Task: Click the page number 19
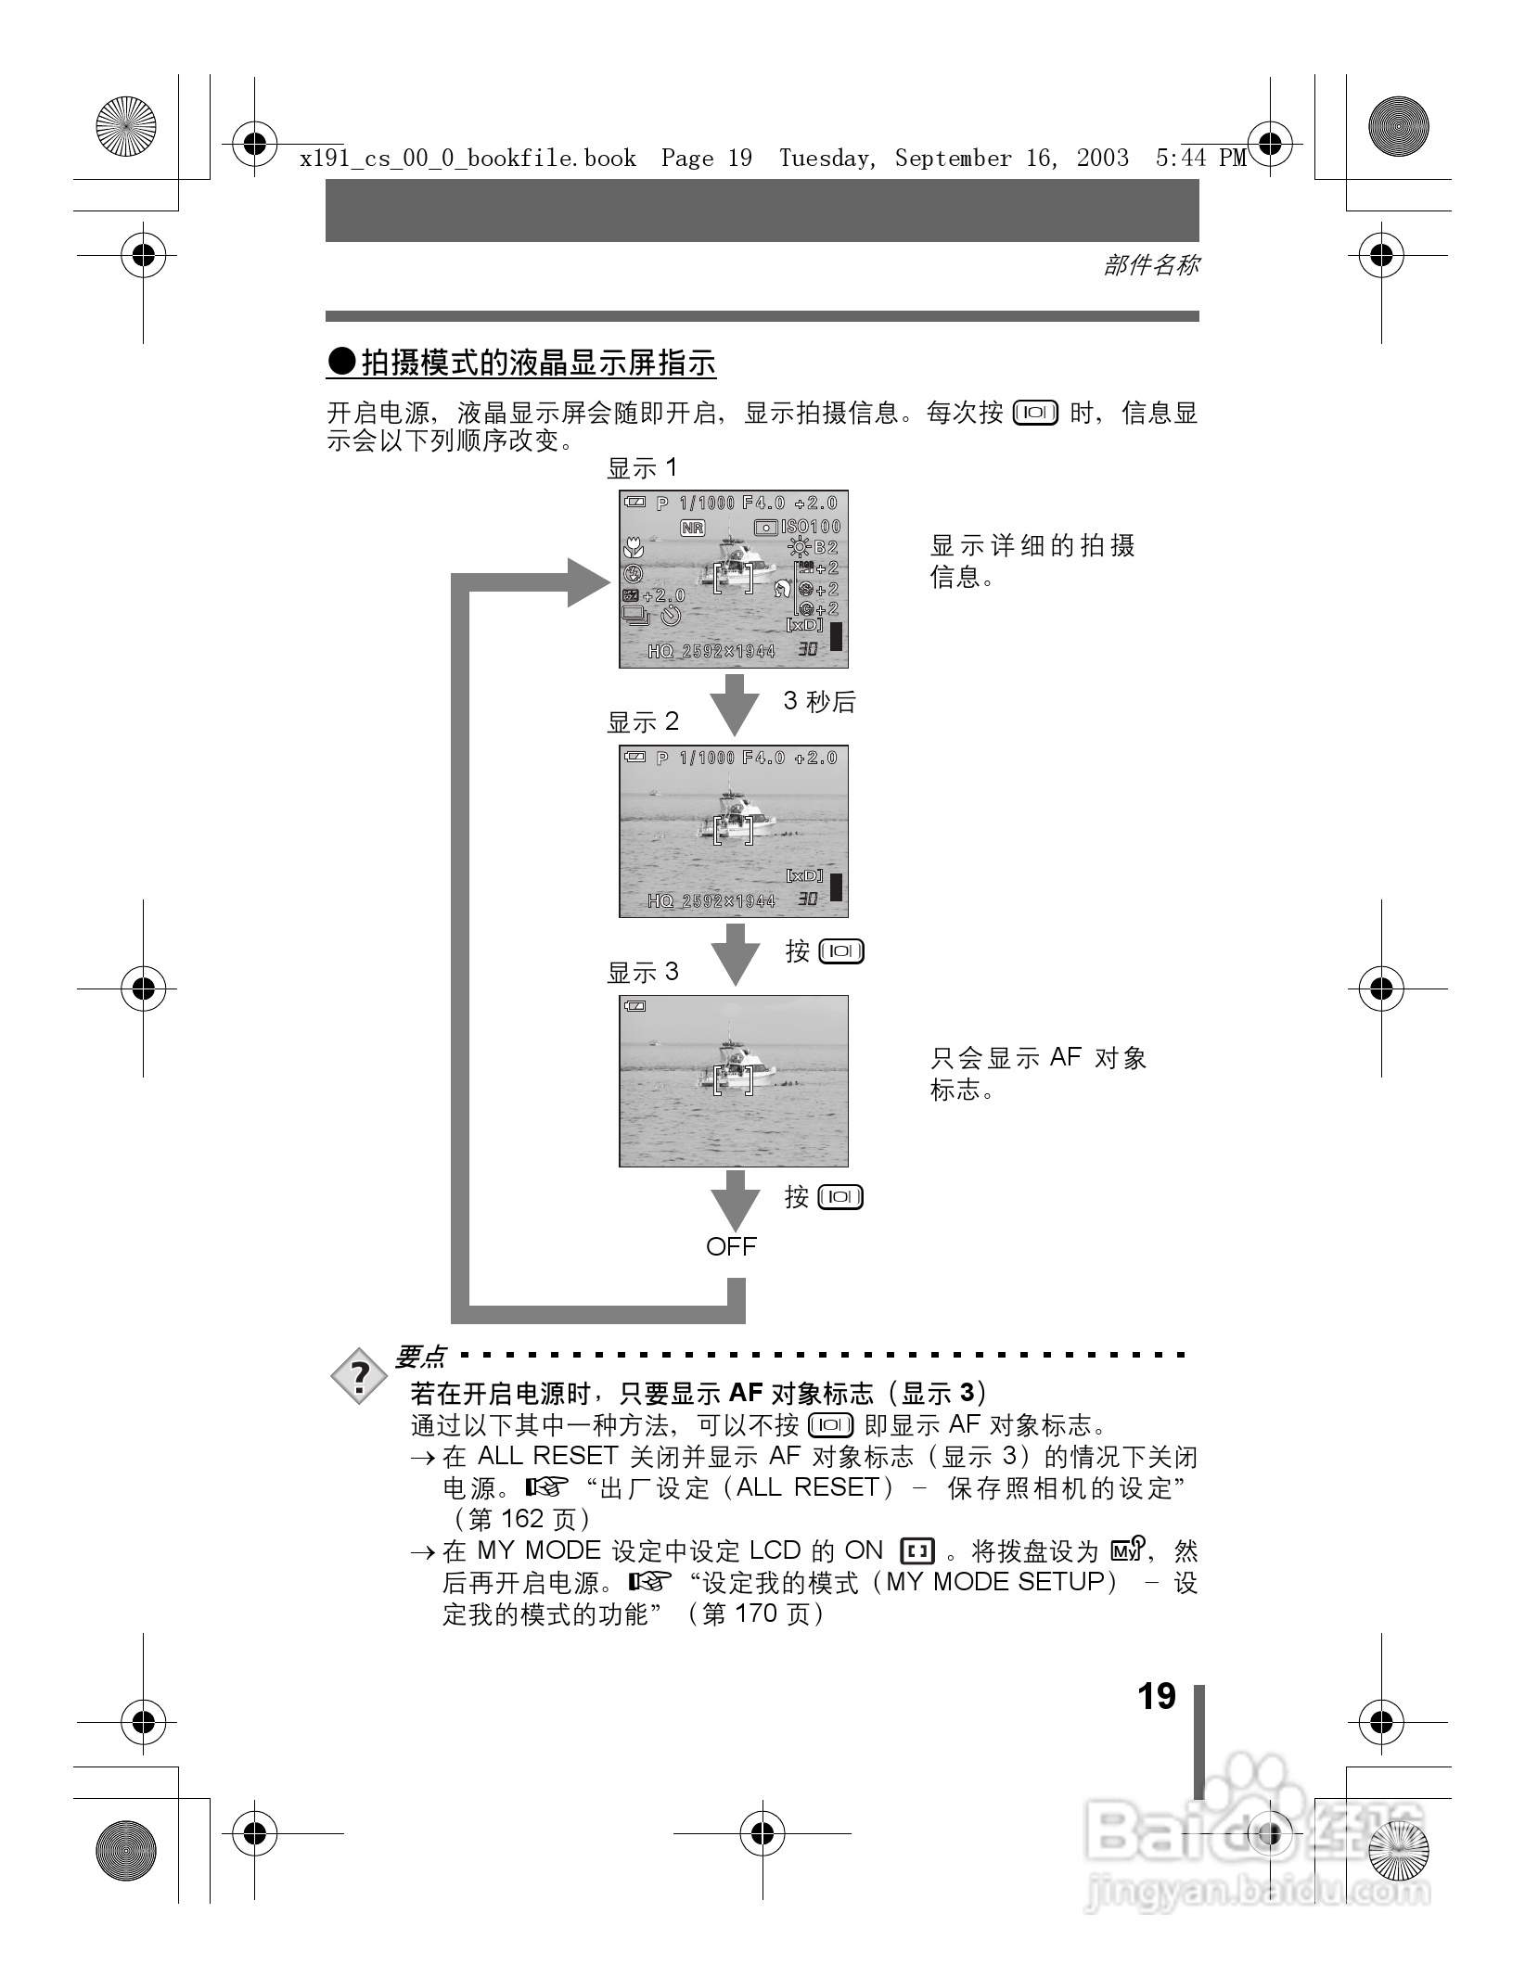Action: pyautogui.click(x=1156, y=1696)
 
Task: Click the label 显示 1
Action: pyautogui.click(x=642, y=468)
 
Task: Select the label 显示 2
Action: pyautogui.click(x=642, y=721)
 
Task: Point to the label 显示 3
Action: pyautogui.click(x=642, y=972)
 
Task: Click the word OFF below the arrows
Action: pyautogui.click(x=731, y=1246)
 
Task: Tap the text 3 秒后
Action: pyautogui.click(x=819, y=701)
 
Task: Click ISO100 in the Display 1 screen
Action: pyautogui.click(x=810, y=527)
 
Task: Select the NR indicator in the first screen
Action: pyautogui.click(x=692, y=528)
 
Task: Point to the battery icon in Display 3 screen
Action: pyautogui.click(x=635, y=1006)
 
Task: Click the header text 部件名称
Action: pyautogui.click(x=1150, y=265)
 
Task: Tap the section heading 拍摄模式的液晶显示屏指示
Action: pyautogui.click(x=538, y=363)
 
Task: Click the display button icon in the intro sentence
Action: pyautogui.click(x=1035, y=413)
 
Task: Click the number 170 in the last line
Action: pyautogui.click(x=756, y=1614)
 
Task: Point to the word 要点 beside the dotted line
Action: pyautogui.click(x=421, y=1358)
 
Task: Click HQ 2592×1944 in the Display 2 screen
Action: pyautogui.click(x=711, y=900)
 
